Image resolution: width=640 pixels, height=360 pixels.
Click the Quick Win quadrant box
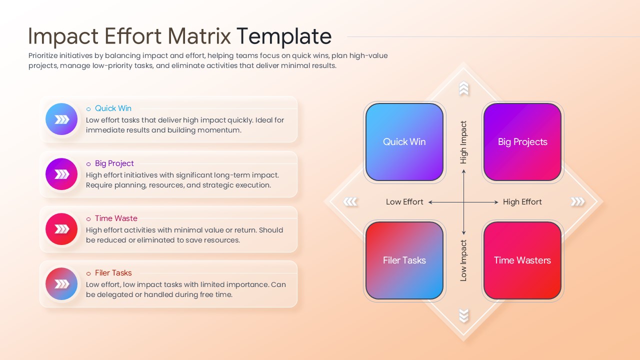pos(404,142)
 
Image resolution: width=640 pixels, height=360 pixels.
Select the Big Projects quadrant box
pos(522,142)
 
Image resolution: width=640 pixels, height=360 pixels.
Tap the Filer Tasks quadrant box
pos(404,260)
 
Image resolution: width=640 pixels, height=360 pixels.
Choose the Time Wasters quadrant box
pos(522,260)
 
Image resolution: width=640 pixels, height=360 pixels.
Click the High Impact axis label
pos(463,142)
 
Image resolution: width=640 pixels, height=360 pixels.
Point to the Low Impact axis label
pos(463,260)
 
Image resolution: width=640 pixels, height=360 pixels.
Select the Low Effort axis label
pos(404,202)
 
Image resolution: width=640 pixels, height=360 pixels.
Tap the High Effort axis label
pos(522,202)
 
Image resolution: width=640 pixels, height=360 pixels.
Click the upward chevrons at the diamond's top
pos(463,89)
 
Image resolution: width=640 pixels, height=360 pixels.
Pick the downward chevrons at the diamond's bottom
pos(463,315)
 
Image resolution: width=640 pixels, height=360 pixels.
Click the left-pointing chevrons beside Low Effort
pos(350,202)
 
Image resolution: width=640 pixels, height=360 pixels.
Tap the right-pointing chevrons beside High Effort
pos(577,202)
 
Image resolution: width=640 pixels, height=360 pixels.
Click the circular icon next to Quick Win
pos(61,119)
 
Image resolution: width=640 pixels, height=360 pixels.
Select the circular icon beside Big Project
pos(61,174)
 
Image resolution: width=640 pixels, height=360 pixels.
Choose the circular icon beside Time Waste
pos(61,229)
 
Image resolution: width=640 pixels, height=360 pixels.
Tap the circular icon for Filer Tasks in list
pos(61,284)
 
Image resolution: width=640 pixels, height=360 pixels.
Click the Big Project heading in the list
pos(114,163)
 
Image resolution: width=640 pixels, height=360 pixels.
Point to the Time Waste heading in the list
pos(115,218)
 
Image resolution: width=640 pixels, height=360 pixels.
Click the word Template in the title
pos(283,36)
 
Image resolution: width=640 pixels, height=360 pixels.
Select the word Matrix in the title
pos(199,36)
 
